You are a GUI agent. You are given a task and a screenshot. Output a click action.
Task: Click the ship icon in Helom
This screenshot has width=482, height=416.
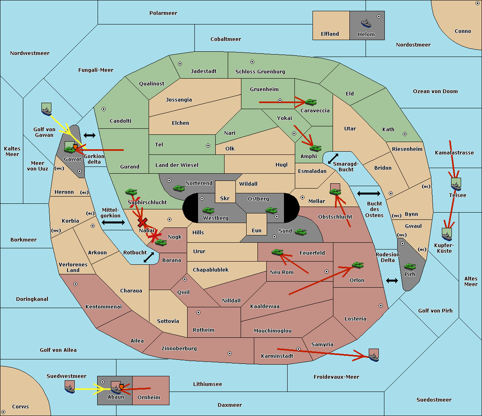(x=366, y=23)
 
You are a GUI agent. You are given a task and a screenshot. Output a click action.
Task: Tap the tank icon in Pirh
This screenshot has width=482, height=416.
(x=410, y=266)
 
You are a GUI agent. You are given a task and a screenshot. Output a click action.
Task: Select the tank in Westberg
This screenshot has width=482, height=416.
(x=208, y=211)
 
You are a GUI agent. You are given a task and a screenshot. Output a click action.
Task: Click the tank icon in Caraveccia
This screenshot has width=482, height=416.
(x=311, y=102)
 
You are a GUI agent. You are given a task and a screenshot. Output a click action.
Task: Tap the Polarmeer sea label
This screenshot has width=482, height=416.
(x=163, y=13)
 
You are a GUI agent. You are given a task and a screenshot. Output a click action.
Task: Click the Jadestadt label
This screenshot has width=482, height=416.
(x=204, y=71)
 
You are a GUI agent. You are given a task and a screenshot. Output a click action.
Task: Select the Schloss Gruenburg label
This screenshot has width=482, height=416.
(x=260, y=71)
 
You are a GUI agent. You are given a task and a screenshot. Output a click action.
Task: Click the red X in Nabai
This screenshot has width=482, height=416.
(x=142, y=222)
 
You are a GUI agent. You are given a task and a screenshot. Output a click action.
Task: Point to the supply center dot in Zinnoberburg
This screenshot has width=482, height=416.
(x=230, y=353)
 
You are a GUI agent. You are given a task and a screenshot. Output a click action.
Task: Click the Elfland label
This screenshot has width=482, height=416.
(x=330, y=34)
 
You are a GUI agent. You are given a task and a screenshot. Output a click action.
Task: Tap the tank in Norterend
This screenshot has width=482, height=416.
(x=179, y=189)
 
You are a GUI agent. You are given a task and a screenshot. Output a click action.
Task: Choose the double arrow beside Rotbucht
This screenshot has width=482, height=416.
(x=149, y=258)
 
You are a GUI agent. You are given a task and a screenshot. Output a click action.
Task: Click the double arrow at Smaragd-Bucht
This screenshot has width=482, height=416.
(x=333, y=158)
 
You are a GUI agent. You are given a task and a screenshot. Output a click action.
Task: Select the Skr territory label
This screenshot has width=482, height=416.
(x=225, y=198)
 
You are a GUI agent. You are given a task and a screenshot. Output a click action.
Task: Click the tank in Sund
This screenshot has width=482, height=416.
(x=300, y=232)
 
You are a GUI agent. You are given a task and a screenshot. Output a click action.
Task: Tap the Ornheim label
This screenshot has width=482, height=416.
(x=149, y=398)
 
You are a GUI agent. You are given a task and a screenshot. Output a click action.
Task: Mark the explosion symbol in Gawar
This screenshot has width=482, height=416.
(x=75, y=146)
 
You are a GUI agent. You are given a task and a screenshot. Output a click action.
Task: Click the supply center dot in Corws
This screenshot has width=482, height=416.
(x=3, y=412)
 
